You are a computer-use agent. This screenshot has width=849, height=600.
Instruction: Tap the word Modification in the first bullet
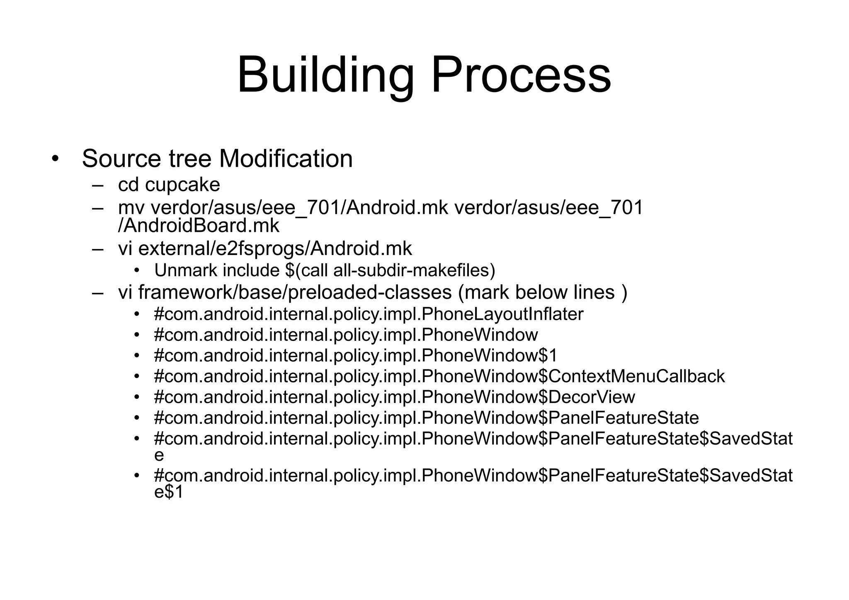(286, 158)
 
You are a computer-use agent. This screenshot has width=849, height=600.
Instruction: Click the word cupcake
(182, 185)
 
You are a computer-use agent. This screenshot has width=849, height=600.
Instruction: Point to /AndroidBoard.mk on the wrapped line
(199, 226)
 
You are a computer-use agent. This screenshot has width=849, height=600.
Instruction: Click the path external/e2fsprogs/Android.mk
(275, 248)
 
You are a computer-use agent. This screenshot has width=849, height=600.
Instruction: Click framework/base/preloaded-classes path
(295, 292)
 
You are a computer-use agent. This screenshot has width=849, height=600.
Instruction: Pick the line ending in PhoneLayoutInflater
(369, 314)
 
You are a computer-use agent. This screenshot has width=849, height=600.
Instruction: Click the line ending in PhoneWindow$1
(356, 355)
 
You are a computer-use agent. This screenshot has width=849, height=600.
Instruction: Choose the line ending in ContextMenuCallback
(439, 376)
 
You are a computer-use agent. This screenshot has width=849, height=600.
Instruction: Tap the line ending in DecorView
(394, 397)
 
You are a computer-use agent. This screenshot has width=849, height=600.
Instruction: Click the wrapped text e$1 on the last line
(168, 492)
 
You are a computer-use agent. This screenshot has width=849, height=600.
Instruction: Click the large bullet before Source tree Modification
(55, 159)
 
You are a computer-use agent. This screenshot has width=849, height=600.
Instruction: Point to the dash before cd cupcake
(98, 185)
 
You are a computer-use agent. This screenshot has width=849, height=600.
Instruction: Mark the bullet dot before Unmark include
(137, 271)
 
